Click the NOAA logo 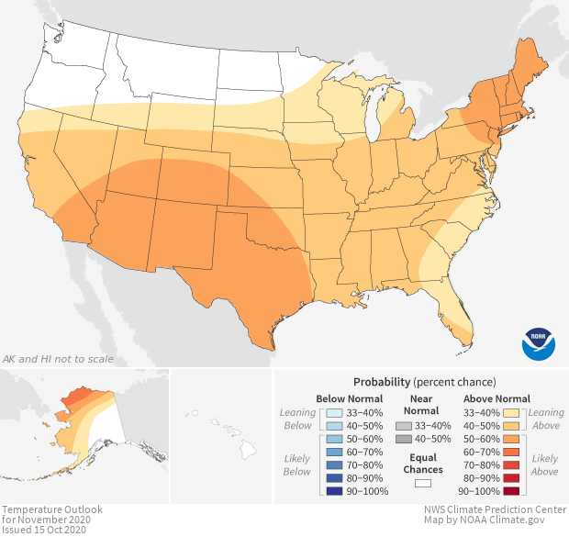538,342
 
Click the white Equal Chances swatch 423,482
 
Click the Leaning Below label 297,420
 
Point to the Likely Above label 544,464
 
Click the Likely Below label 297,464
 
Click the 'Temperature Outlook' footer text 51,509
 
